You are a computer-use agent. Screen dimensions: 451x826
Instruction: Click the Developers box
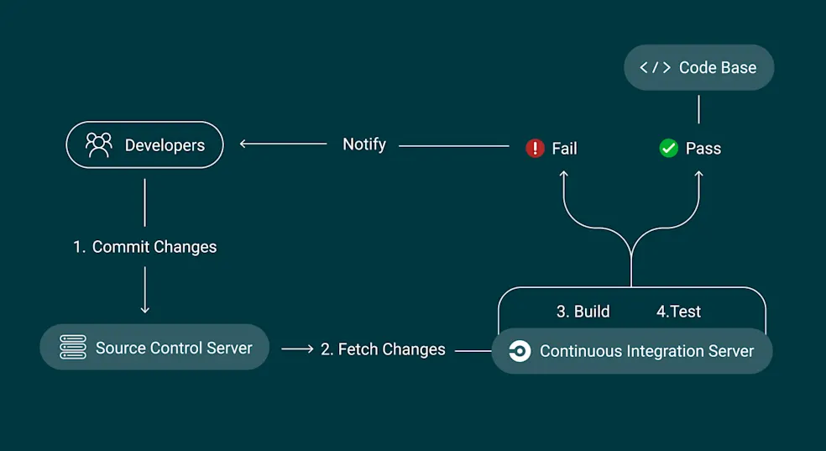pos(144,145)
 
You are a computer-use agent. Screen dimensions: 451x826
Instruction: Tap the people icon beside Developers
pos(99,145)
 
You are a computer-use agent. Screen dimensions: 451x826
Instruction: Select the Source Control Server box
pos(154,348)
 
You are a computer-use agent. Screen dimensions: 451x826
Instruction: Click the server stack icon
pos(73,348)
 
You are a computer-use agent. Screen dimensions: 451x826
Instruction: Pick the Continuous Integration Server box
pos(631,351)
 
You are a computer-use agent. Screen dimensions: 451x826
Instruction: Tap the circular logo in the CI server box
pos(520,351)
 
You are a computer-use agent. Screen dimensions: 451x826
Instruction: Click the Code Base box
pos(698,68)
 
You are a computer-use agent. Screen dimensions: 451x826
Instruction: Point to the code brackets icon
pos(655,68)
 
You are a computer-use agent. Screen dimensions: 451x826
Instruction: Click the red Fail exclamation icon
pos(535,149)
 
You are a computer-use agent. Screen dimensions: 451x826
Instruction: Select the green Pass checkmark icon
pos(668,149)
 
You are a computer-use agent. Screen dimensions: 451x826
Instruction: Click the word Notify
pos(364,144)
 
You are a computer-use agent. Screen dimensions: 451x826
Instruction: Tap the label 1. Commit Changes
pos(145,247)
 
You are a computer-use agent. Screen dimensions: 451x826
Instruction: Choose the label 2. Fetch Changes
pos(383,349)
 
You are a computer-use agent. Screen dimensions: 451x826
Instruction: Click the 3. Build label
pos(583,312)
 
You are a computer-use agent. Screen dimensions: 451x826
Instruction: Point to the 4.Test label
pos(678,312)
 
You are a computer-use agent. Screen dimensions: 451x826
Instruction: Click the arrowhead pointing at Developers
pos(244,144)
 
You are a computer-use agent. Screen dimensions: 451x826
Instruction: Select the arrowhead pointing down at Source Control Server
pos(145,309)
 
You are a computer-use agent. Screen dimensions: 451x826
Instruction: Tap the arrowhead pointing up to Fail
pos(564,174)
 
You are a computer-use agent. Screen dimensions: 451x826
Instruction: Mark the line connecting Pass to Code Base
pos(698,109)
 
